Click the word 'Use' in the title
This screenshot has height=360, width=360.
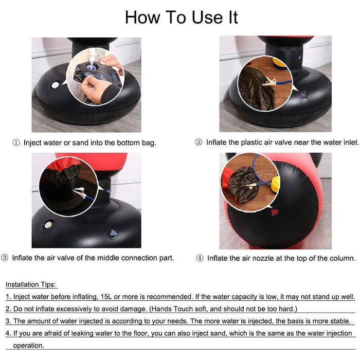(207, 17)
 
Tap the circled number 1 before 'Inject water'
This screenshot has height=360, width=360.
(16, 143)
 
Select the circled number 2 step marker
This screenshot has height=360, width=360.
(199, 142)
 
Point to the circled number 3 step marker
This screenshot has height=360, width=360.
(5, 258)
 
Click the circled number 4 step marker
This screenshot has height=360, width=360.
(200, 258)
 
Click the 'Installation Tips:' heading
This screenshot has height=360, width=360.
(31, 284)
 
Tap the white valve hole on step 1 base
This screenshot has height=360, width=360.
(55, 85)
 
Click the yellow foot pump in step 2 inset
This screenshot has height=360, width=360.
(279, 63)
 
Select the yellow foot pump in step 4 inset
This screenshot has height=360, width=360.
(275, 184)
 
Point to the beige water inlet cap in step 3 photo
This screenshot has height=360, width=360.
(48, 225)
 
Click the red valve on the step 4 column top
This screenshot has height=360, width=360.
(275, 211)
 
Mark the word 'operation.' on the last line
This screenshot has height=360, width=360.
(28, 345)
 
